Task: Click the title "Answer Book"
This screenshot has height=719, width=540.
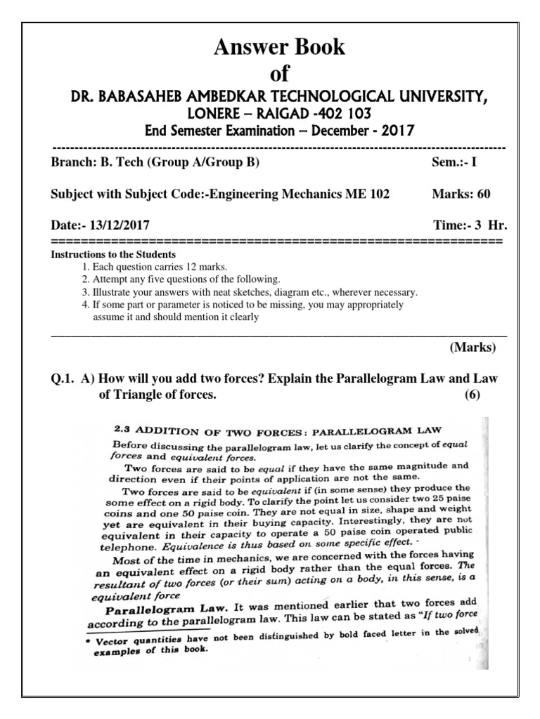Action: tap(279, 47)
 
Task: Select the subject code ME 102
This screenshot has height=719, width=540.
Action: tap(366, 194)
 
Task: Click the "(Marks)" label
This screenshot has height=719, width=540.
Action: tap(472, 348)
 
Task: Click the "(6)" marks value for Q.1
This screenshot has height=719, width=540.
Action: tap(471, 395)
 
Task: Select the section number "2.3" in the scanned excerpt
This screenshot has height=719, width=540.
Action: tap(123, 428)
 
